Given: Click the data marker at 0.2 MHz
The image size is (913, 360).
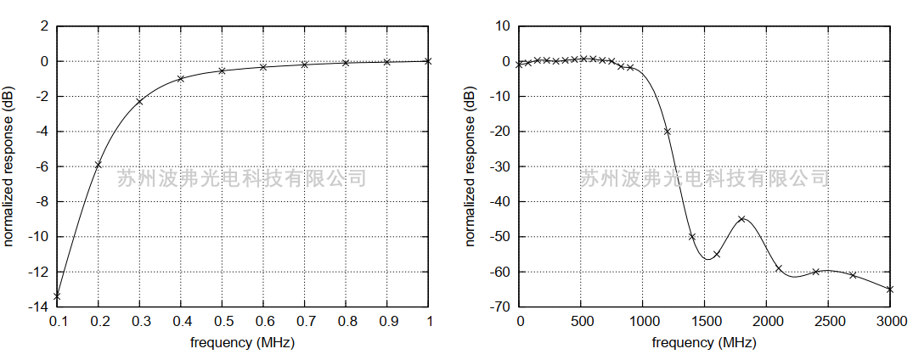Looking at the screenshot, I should point(99,165).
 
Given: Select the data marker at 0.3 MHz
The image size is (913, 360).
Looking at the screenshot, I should point(139,101).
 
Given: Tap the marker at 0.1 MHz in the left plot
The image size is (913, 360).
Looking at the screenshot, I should point(57,295).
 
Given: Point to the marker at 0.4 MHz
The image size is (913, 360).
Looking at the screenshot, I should point(181,79).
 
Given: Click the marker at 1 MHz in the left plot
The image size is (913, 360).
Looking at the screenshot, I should point(428,61).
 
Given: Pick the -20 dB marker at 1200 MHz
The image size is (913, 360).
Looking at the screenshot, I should point(668,132).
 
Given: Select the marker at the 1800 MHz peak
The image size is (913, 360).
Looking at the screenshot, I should point(741,219).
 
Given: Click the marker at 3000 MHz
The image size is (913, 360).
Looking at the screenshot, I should point(890,290).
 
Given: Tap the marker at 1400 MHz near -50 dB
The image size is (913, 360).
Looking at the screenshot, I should point(692,237).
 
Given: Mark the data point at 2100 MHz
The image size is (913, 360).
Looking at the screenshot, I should point(779,268).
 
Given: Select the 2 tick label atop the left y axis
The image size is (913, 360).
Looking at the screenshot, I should point(45,26).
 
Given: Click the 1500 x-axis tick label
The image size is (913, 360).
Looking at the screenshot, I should point(704,321).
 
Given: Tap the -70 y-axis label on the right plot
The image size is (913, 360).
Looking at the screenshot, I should point(501,307).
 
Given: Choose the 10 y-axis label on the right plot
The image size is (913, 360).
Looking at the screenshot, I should point(503,26).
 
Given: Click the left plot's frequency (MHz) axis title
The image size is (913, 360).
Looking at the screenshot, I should point(242,342).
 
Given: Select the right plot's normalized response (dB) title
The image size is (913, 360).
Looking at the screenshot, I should point(471,166).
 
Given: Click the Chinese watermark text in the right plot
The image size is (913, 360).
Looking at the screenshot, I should point(704,178).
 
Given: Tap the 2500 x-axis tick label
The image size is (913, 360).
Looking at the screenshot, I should point(828,321).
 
